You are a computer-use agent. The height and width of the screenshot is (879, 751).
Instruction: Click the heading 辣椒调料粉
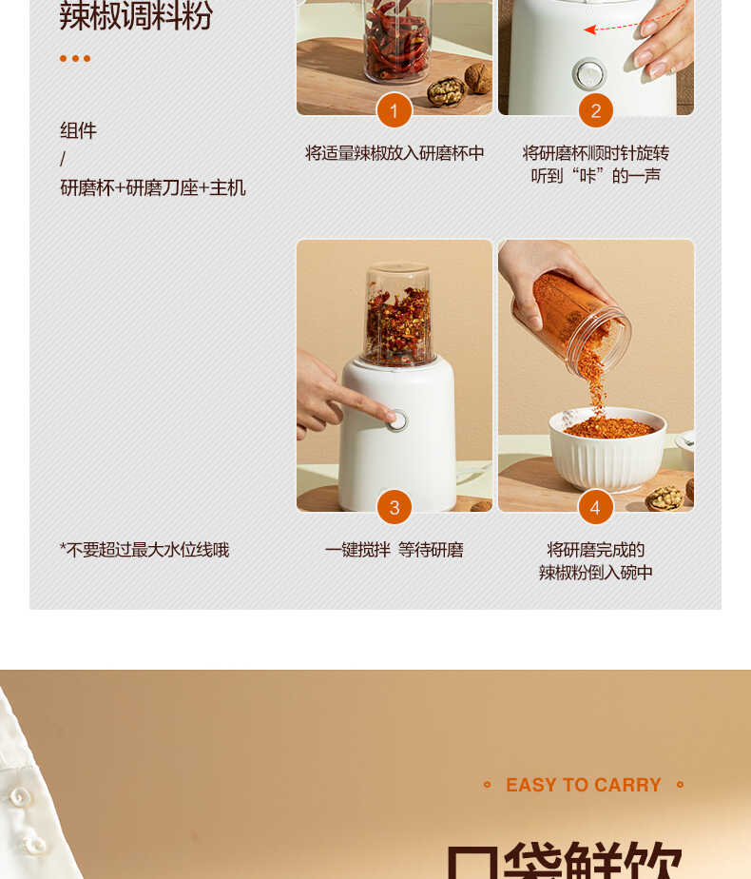pos(136,16)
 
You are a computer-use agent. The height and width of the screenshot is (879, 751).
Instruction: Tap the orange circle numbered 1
pos(394,110)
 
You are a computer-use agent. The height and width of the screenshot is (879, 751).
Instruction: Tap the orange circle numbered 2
pos(595,110)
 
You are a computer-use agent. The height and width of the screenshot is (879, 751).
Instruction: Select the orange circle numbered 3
pos(394,506)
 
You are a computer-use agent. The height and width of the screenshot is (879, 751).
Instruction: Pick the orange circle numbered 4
pos(595,506)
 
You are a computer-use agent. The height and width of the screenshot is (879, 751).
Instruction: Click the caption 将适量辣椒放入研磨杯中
pos(395,153)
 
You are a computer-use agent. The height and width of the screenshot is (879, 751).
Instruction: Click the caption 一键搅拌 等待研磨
pos(394,550)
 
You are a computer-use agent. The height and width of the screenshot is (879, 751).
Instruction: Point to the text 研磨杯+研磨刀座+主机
pos(153,187)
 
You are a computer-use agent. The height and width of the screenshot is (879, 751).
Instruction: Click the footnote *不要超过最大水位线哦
pos(144,550)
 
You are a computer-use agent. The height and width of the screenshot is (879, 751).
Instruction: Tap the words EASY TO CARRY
pos(583,785)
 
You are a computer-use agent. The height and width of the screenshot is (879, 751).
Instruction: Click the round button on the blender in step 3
pos(396,420)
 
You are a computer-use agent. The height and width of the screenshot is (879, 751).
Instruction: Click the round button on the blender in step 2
pos(588,73)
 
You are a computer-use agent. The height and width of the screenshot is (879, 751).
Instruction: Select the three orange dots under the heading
pos(75,58)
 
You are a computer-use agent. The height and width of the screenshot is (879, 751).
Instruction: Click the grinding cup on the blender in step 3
pos(398,314)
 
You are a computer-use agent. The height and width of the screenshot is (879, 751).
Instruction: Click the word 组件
pos(78,130)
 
